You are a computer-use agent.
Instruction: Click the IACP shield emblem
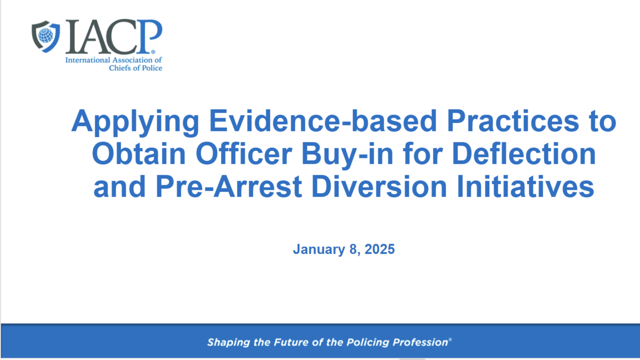tap(46, 37)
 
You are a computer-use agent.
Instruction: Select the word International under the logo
tap(88, 60)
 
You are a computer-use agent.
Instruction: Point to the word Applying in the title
tap(135, 122)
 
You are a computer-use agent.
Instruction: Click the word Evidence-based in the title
tap(323, 120)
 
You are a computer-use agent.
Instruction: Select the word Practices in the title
tap(513, 120)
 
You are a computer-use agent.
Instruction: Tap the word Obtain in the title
tap(139, 154)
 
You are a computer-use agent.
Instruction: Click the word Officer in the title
tap(244, 154)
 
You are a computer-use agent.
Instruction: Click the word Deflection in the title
tap(524, 154)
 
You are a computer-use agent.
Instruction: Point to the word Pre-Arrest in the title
tap(229, 186)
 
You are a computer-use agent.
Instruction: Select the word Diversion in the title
tap(379, 186)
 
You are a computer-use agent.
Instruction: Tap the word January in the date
tap(319, 250)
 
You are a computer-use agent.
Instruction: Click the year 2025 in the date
tap(380, 249)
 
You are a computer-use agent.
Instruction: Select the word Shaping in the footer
tap(229, 343)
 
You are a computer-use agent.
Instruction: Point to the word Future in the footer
tap(291, 342)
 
